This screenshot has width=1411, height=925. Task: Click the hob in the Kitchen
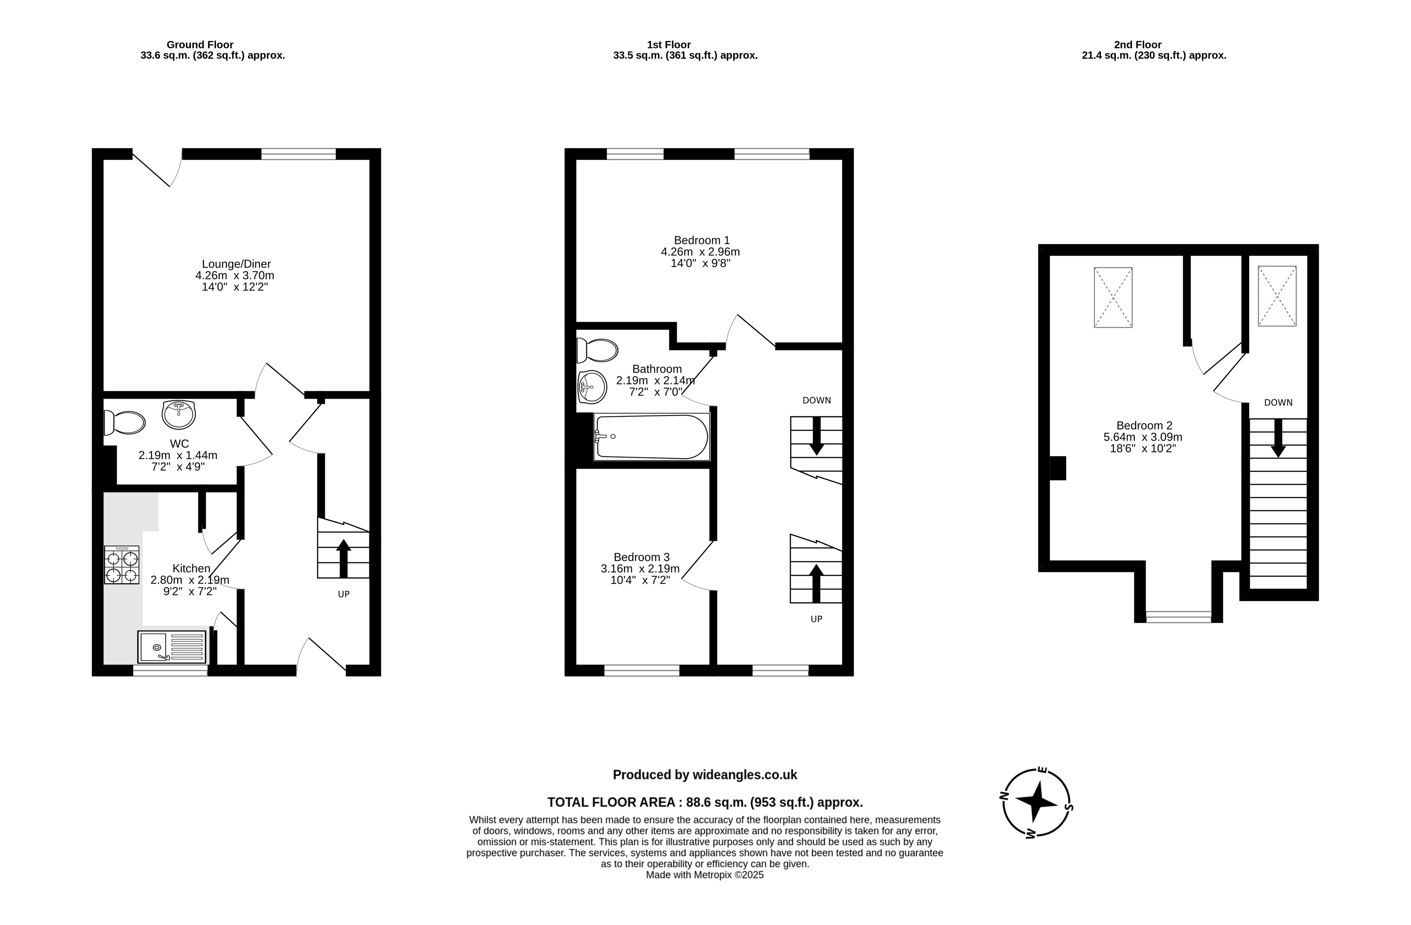pos(122,565)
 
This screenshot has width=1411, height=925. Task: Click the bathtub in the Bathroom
pos(652,437)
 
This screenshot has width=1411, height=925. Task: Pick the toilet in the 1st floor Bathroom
pos(598,350)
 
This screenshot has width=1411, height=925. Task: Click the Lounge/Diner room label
pos(236,264)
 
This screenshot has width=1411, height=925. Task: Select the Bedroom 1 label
pos(702,240)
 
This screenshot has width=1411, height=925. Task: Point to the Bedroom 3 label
pos(641,557)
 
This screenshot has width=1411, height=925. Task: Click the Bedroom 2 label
pos(1144,425)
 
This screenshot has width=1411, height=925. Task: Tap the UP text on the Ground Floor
pos(344,594)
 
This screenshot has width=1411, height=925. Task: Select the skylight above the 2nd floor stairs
pos(1277,296)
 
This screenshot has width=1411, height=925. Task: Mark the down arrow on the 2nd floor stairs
pos(1278,438)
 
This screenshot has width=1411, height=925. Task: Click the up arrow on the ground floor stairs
pos(343,558)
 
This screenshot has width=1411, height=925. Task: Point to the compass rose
pos(1037,803)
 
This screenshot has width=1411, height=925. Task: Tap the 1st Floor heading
pos(669,44)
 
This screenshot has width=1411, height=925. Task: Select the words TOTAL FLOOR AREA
pos(611,802)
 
